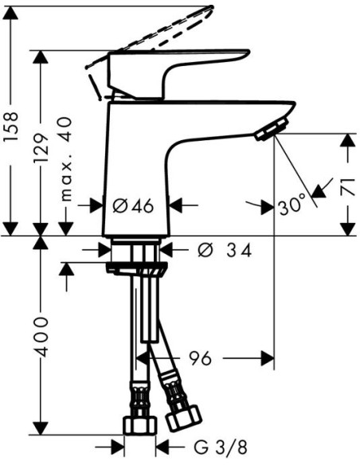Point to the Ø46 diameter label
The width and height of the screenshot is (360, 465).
(132, 205)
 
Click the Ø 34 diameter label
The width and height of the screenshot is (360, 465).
(223, 251)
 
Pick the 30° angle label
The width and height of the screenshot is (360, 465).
(292, 205)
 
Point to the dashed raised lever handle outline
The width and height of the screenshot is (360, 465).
(159, 32)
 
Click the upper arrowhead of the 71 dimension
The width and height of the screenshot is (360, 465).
(347, 140)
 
